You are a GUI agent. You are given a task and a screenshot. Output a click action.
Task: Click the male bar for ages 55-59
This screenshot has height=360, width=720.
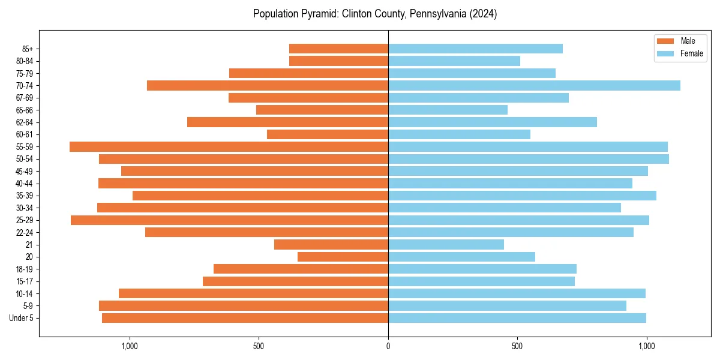pos(229,147)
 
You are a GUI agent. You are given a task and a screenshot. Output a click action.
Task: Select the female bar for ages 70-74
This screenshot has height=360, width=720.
pos(534,86)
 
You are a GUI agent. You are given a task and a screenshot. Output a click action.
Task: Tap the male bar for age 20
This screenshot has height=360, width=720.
pos(343,257)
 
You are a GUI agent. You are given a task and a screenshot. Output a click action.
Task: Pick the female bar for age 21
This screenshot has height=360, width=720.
pos(446,245)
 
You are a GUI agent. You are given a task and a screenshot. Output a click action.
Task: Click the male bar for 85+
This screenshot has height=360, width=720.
pos(338,49)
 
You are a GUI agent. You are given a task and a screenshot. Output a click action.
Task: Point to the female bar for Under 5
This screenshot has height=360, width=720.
pos(517,318)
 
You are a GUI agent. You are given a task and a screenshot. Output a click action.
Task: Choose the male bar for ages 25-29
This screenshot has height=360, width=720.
pos(229,220)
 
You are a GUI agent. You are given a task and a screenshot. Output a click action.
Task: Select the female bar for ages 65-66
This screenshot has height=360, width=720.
pos(448,110)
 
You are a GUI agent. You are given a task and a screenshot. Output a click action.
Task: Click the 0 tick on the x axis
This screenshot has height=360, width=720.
pos(388,346)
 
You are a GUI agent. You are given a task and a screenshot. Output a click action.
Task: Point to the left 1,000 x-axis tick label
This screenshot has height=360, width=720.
pos(130,346)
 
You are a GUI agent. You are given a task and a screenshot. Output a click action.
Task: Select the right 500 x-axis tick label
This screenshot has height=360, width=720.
pos(517,346)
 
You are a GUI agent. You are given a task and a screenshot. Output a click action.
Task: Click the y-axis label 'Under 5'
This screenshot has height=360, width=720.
pos(22,318)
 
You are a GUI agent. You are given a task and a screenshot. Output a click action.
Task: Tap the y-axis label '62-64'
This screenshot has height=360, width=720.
pos(25,122)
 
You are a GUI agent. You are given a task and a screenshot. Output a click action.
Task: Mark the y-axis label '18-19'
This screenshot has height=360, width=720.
pos(25,269)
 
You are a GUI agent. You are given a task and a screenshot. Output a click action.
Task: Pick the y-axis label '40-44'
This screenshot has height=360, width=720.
pos(25,184)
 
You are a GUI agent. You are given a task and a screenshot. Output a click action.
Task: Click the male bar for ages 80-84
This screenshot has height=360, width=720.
pos(338,61)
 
